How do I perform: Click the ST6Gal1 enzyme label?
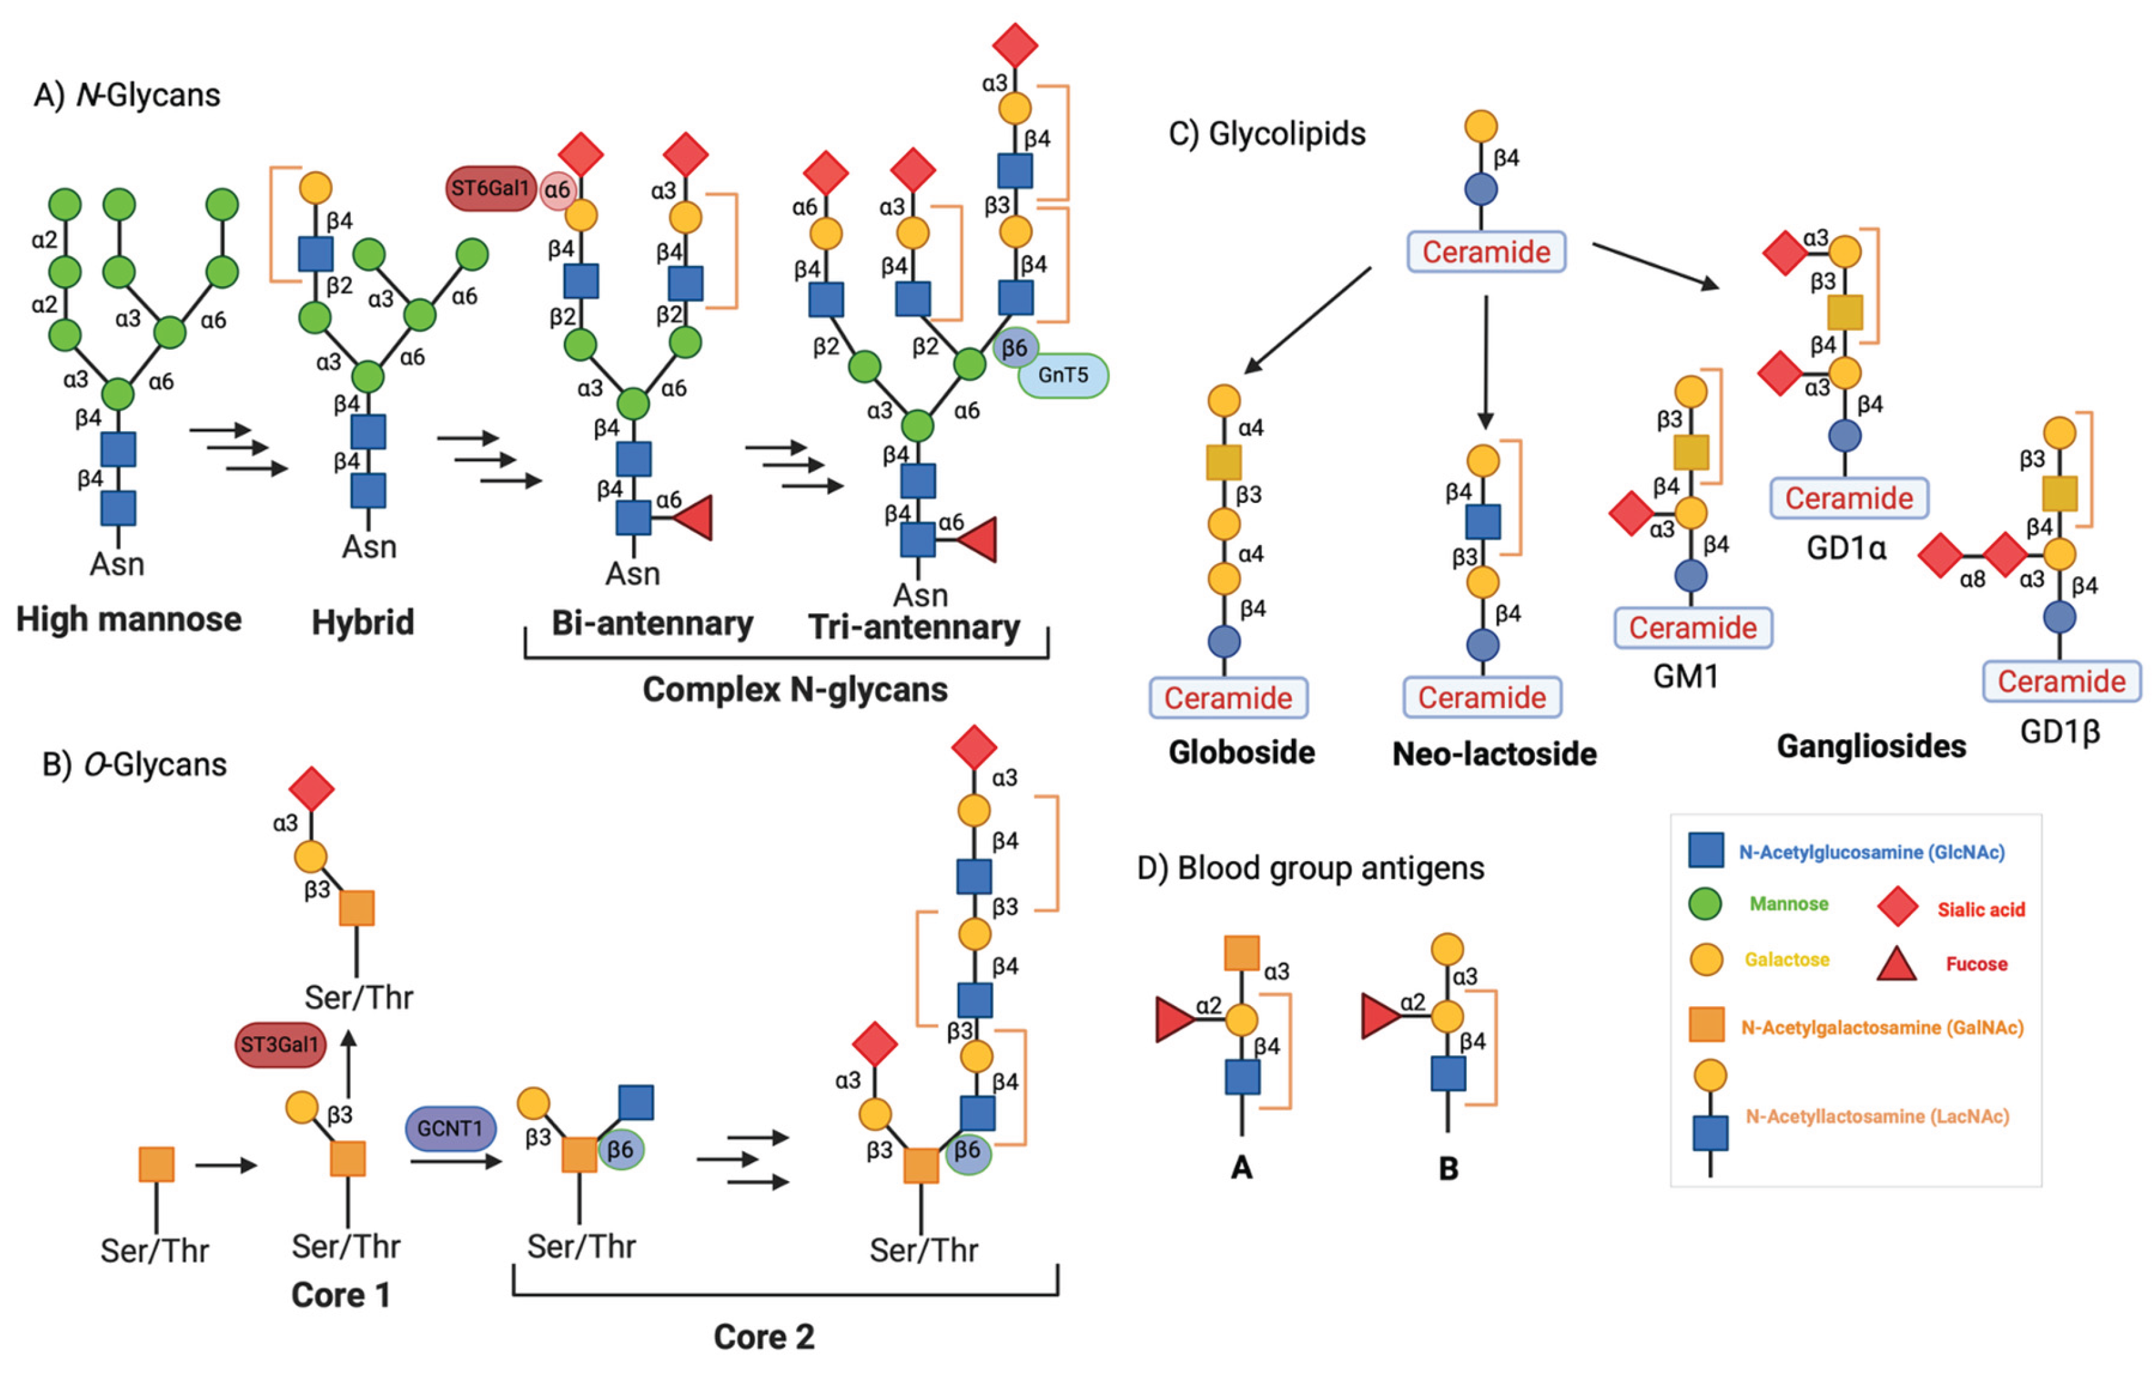coord(490,189)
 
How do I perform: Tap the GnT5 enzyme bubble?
coord(1063,375)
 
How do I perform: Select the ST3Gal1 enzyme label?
coord(280,1044)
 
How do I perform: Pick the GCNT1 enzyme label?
coord(450,1128)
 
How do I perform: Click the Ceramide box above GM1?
coord(1693,628)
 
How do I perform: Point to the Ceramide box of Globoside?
coord(1227,698)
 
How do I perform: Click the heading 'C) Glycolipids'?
coord(1267,134)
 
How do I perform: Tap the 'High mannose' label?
coord(129,619)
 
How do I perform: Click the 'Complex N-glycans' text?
coord(794,689)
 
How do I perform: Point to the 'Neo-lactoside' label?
coord(1494,754)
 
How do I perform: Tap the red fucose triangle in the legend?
coord(1896,964)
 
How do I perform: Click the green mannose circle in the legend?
coord(1705,904)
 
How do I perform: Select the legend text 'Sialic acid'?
coord(1980,910)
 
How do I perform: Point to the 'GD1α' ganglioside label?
coord(1846,547)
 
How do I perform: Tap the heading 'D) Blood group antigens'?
coord(1310,868)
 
